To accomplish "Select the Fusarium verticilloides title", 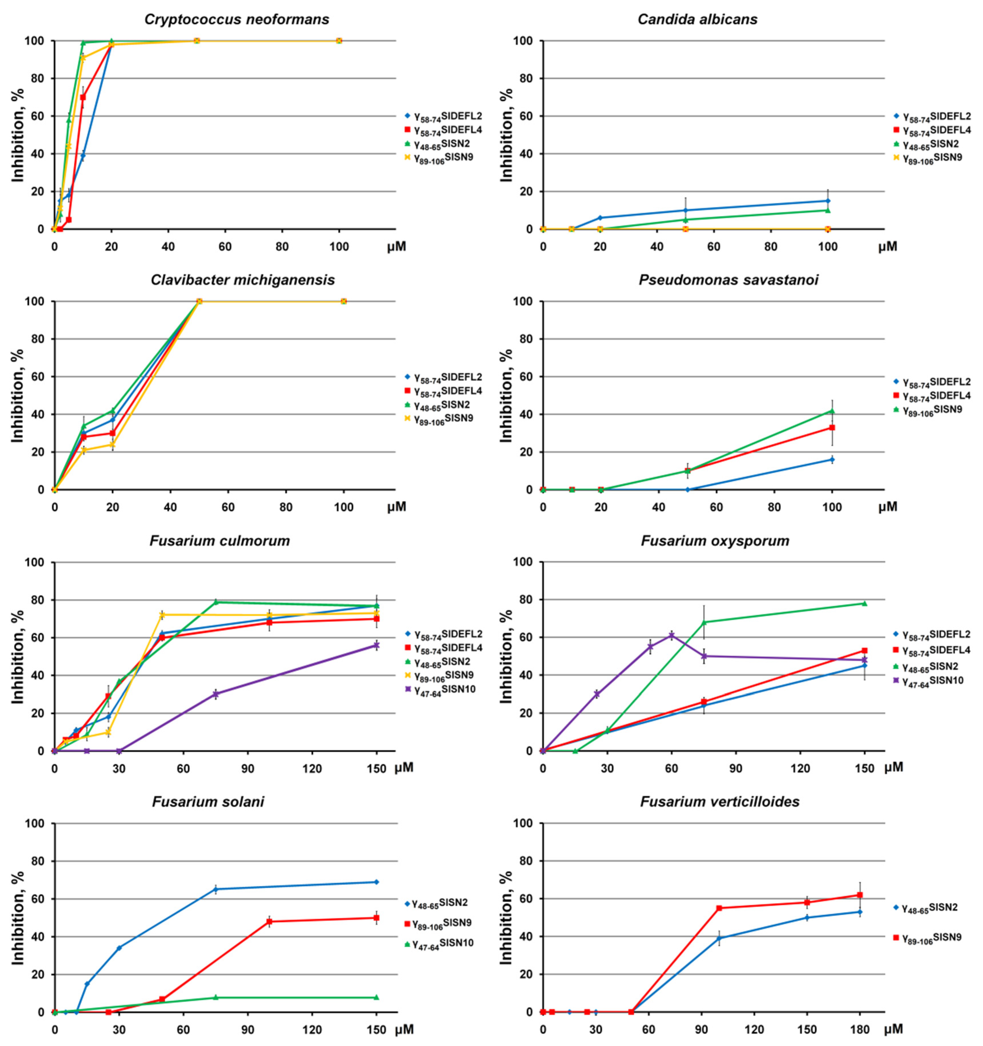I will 720,801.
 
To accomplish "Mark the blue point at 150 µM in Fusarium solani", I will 376,882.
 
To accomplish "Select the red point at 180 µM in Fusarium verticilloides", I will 860,895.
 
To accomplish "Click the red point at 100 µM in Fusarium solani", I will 270,921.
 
